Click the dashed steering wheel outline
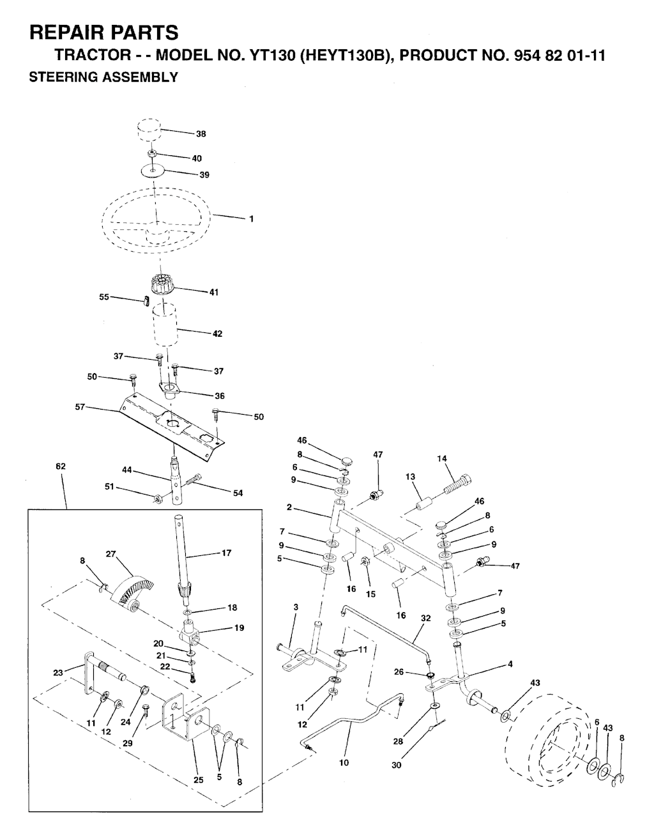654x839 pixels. coord(156,220)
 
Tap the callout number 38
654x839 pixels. coord(201,134)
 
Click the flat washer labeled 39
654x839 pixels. coord(153,170)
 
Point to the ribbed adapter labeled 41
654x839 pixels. coord(162,286)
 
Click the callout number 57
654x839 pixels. coord(80,407)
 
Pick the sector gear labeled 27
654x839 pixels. coord(131,590)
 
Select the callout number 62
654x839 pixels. coord(61,466)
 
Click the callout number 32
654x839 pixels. coord(425,618)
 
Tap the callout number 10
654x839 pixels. coord(344,762)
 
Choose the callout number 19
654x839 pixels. coord(240,627)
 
